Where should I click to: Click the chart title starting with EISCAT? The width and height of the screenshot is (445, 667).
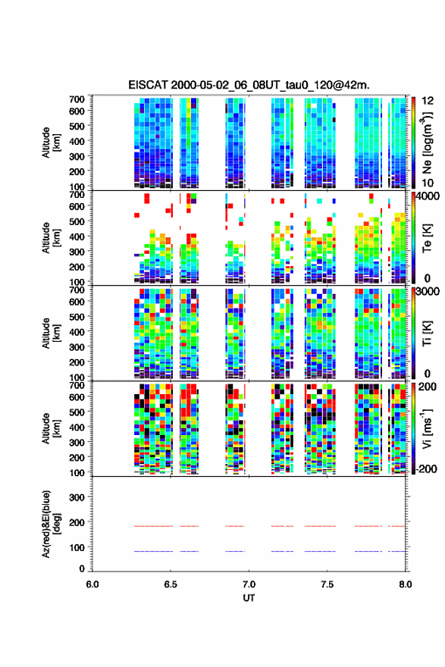(249, 85)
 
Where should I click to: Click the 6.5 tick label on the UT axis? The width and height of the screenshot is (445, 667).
(171, 584)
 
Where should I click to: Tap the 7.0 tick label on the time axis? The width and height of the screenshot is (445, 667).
(249, 584)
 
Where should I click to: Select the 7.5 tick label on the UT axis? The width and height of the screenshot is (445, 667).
(327, 584)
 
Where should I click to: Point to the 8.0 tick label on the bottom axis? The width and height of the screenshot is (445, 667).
(406, 584)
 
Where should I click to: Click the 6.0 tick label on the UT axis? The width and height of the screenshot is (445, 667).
(92, 584)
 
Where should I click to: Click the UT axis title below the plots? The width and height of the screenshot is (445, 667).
(249, 598)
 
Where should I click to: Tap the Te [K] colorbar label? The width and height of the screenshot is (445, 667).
(428, 238)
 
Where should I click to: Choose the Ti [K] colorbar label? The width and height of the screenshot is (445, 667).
(428, 333)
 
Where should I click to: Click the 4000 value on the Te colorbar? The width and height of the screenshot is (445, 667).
(428, 196)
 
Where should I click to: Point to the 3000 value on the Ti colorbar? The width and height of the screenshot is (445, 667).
(428, 292)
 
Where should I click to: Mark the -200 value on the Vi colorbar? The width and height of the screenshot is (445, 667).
(427, 469)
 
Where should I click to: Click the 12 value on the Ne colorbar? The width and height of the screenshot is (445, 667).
(428, 102)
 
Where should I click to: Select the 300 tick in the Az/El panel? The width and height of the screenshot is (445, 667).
(77, 497)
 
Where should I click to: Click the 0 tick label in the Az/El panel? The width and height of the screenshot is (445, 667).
(82, 568)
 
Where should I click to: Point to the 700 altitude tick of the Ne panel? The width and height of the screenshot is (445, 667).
(77, 99)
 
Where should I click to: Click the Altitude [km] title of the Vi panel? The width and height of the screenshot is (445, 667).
(51, 428)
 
